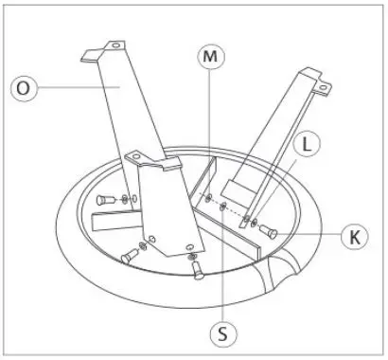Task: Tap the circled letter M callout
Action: point(209,57)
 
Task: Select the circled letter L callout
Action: point(306,145)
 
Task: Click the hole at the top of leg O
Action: point(117,45)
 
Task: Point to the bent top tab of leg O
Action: point(106,48)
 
